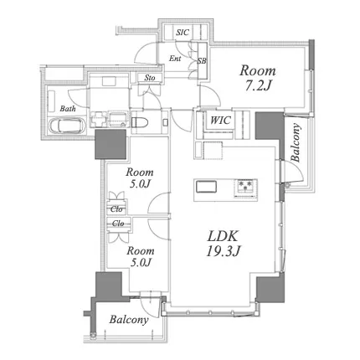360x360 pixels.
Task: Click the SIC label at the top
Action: (183, 33)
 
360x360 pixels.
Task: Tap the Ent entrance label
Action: (175, 59)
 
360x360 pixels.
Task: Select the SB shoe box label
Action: (202, 60)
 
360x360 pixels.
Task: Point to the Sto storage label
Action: (150, 78)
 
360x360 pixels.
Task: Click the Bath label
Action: (68, 108)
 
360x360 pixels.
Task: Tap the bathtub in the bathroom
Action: (66, 126)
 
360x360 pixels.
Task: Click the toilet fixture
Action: (141, 122)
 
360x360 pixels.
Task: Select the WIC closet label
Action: (220, 121)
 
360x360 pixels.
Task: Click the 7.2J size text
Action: (258, 87)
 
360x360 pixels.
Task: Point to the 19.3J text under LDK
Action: (223, 252)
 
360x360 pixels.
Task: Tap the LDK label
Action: (223, 236)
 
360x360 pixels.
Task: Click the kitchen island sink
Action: (206, 187)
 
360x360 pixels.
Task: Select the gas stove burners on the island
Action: (245, 187)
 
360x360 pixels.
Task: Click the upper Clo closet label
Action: (116, 208)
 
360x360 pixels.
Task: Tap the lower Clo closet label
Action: (118, 224)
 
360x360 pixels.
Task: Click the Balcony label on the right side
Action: (296, 142)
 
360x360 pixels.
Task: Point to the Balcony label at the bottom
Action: (129, 320)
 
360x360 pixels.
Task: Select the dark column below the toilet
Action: (111, 145)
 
